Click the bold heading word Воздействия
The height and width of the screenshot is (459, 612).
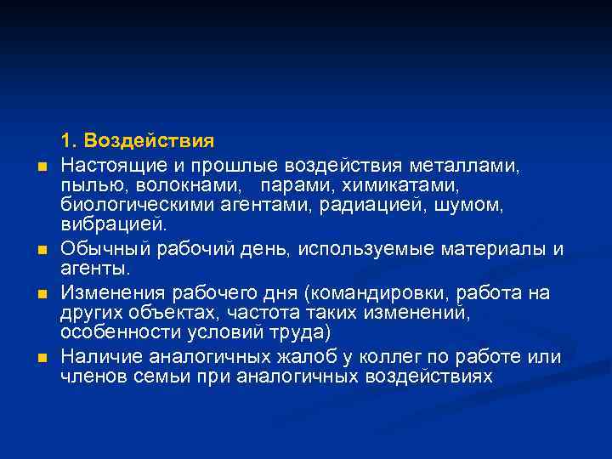click(x=150, y=139)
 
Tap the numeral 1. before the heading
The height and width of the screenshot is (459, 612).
click(x=68, y=139)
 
